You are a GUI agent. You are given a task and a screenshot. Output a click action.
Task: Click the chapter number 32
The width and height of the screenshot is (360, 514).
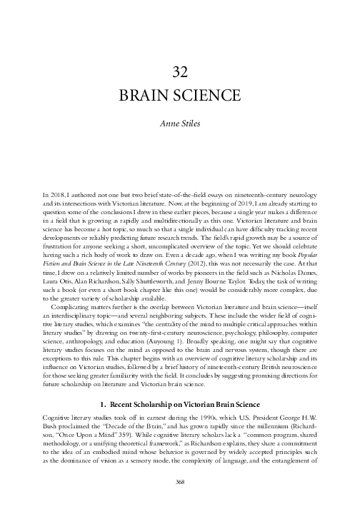[x=180, y=71]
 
